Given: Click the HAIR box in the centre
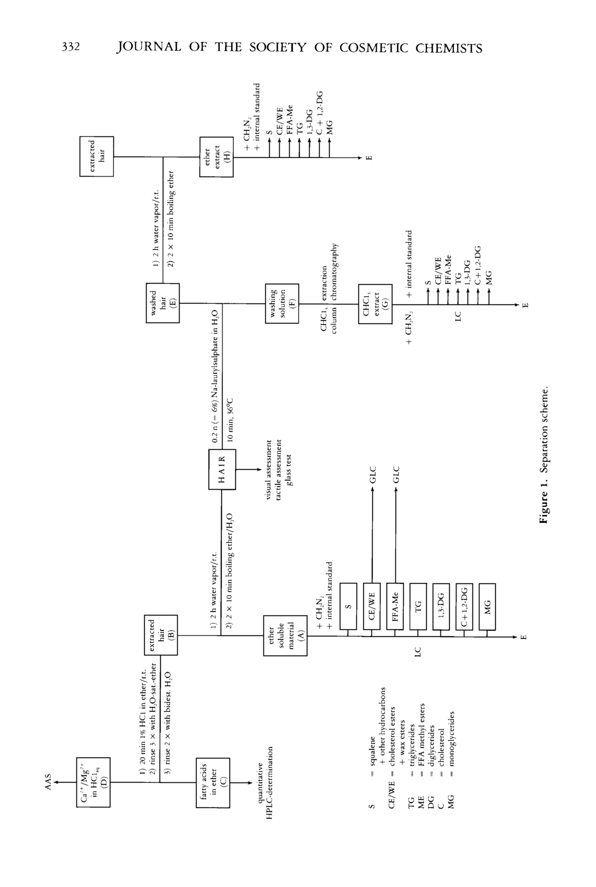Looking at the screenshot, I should pos(222,469).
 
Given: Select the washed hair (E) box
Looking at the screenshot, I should pos(163,303).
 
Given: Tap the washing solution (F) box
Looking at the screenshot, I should pos(282,303).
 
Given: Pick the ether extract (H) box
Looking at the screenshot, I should pos(216,157).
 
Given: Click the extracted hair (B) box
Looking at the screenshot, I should pos(161,635).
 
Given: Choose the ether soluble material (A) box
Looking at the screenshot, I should pos(285,635).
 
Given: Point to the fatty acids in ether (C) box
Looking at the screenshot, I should pos(213,783).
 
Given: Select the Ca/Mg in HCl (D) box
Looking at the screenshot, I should pos(93,782).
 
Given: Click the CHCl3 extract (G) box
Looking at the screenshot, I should pos(375,304).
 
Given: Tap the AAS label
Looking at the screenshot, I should pos(48,782).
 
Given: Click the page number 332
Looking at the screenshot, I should pos(71,47).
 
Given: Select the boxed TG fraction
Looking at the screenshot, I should pos(418,606).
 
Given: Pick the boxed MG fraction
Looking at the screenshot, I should pos(487,606).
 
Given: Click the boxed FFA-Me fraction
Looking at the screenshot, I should pos(395,606).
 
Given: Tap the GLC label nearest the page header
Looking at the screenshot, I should pos(373,475).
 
